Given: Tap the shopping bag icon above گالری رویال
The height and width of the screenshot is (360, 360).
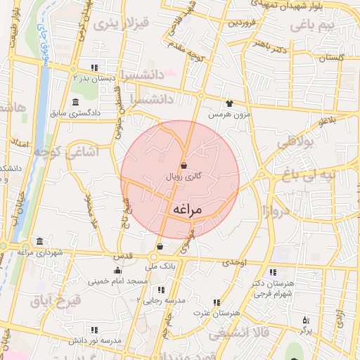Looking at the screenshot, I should [x=184, y=166].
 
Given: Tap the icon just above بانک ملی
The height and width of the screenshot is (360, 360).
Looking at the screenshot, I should [x=160, y=247].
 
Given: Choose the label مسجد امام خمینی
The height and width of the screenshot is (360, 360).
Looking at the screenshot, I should [x=118, y=281].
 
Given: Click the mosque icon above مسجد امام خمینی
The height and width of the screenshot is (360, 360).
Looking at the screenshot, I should [x=117, y=271].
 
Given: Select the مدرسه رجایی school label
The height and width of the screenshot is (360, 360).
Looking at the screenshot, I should [x=164, y=300].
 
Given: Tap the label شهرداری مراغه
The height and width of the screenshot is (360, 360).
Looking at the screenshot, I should [x=40, y=252].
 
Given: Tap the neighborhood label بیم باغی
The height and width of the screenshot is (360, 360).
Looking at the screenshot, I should [x=314, y=26].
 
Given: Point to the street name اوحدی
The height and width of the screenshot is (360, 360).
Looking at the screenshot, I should [x=235, y=262].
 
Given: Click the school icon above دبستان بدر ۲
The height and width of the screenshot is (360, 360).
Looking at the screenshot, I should [x=94, y=67].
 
